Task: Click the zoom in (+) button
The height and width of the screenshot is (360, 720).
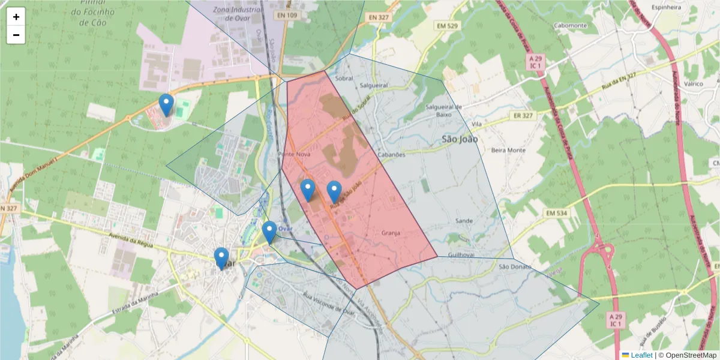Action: [16, 17]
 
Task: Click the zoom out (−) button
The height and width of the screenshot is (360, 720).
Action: [16, 35]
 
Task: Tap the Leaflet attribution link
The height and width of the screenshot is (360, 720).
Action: [641, 355]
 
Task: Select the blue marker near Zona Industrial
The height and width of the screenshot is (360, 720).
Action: [166, 105]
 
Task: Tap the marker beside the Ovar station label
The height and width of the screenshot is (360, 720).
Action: [269, 232]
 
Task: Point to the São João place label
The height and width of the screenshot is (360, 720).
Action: [460, 139]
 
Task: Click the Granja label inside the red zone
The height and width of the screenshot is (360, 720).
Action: [390, 232]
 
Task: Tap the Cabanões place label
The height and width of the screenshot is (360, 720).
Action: [392, 154]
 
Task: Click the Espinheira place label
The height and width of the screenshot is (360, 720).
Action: [666, 8]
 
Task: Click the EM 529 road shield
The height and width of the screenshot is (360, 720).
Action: [447, 26]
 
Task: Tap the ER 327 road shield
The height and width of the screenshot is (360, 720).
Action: [523, 115]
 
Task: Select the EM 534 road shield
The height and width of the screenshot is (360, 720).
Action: [557, 212]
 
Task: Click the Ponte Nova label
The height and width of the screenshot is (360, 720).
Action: [295, 154]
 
